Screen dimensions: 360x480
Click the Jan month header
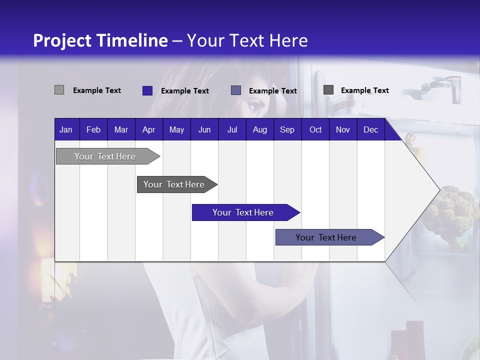point(66,130)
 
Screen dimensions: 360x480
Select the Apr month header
point(148,130)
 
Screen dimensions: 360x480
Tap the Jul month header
point(232,130)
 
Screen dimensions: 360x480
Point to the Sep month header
point(287,130)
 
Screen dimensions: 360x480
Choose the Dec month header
point(370,130)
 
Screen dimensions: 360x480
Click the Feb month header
point(93,130)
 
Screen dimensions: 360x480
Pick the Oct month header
point(315,130)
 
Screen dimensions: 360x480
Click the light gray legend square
point(59,90)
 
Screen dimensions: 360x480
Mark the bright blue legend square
point(147,90)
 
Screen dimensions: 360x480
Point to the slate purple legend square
point(236,90)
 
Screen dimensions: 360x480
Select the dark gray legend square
point(328,90)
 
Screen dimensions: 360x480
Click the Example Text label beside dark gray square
point(364,90)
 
